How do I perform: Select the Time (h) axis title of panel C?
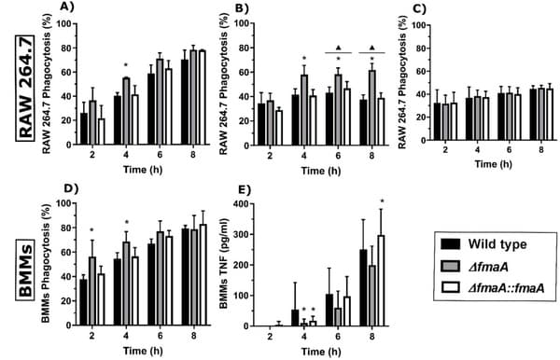coord(475,163)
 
